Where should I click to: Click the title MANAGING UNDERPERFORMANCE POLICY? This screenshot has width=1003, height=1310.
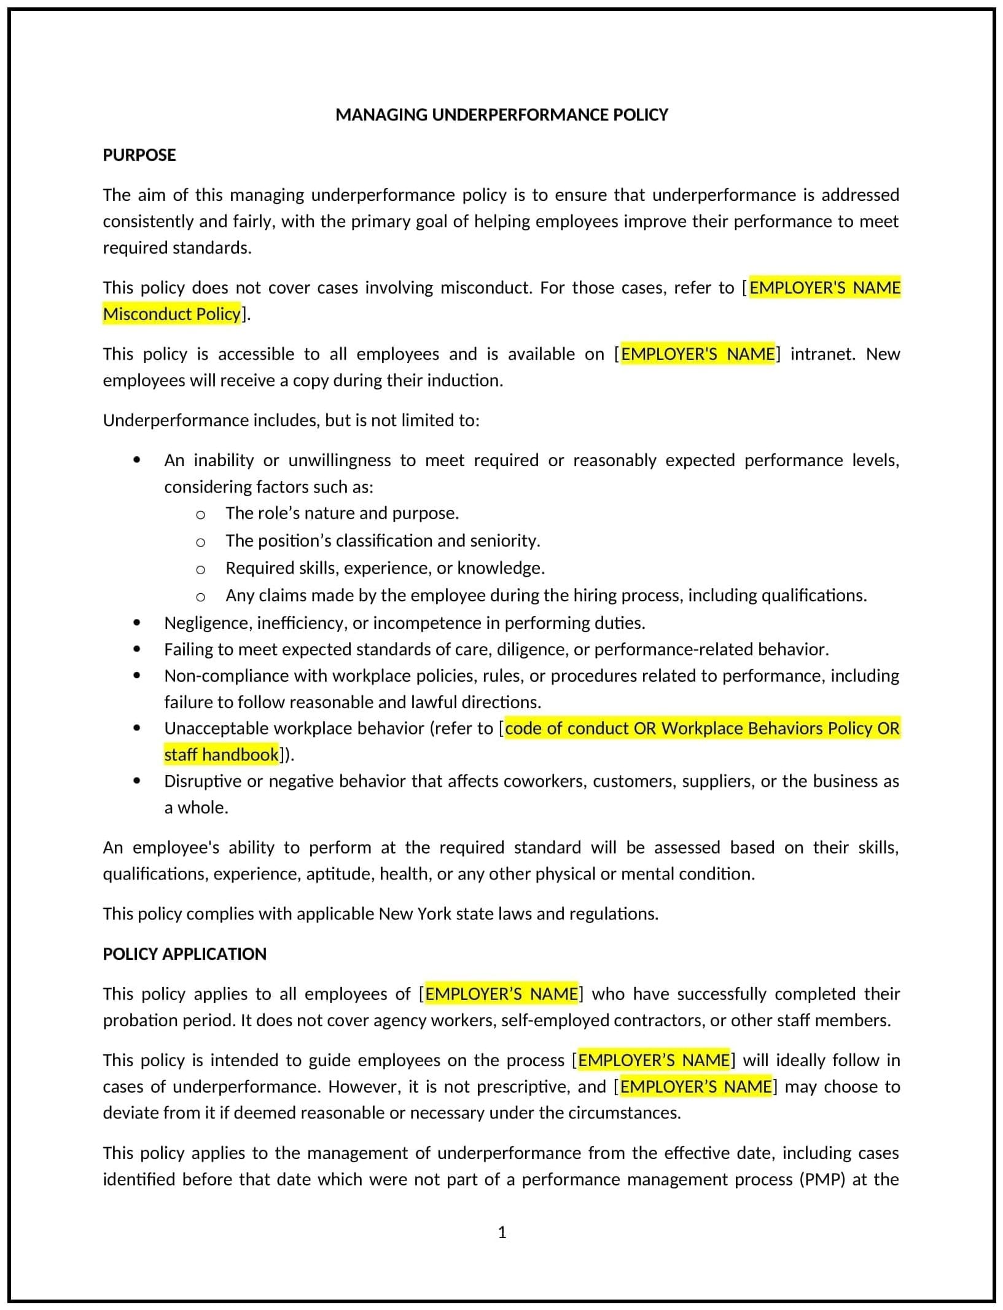501,115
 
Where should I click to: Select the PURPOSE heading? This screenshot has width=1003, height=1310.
139,155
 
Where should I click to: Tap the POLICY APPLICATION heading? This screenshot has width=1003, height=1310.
184,954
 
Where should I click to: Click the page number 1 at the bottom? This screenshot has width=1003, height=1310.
502,1233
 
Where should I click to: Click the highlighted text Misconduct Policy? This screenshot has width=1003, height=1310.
171,314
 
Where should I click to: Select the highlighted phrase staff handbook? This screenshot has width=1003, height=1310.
221,755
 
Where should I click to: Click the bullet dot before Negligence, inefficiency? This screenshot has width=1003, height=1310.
136,623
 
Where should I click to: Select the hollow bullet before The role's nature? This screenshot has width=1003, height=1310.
200,514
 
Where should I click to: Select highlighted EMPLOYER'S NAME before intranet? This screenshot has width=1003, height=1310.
698,354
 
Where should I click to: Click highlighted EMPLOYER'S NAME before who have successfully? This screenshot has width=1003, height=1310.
501,994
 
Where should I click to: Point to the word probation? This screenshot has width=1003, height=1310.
138,1020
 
